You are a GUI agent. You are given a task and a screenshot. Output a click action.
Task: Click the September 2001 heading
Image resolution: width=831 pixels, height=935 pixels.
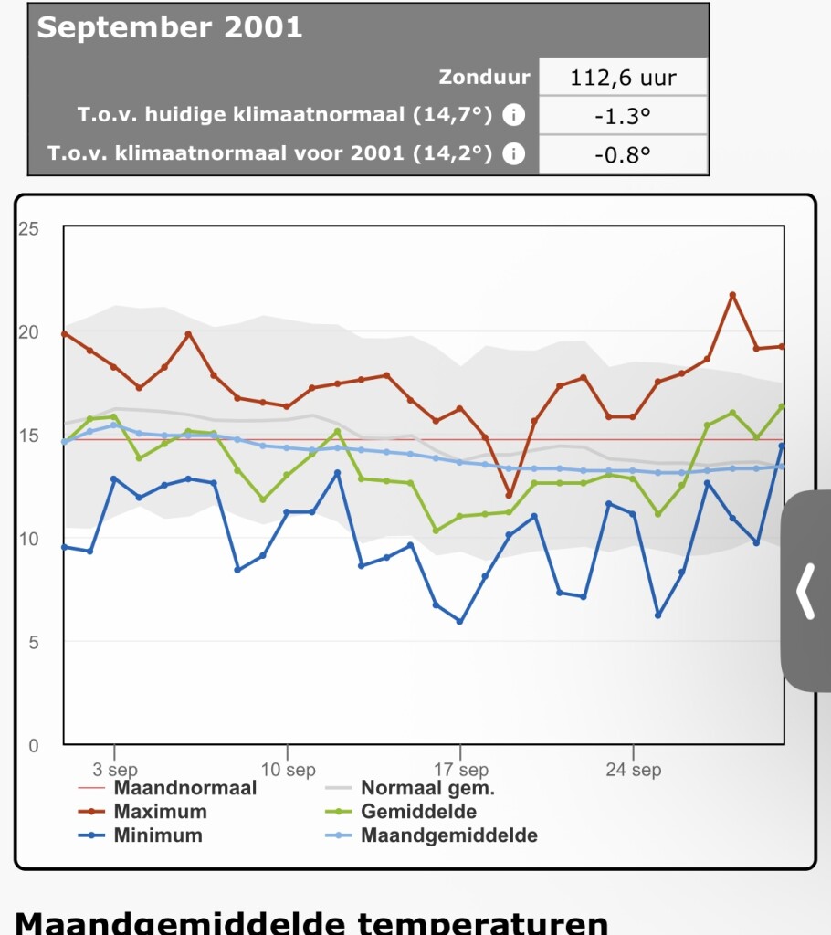click(x=170, y=27)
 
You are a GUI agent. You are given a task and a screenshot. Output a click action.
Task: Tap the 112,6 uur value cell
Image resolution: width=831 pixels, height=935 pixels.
click(x=623, y=78)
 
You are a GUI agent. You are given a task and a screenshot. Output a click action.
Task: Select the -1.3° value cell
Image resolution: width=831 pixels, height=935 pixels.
click(x=623, y=117)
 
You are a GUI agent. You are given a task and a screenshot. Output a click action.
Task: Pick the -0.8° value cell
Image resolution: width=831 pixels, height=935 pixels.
click(x=623, y=154)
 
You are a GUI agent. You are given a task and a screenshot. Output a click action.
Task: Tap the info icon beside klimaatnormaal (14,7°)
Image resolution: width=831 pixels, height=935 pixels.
click(x=515, y=116)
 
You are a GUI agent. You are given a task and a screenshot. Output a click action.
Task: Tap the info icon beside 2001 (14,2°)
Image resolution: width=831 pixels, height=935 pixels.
click(x=515, y=153)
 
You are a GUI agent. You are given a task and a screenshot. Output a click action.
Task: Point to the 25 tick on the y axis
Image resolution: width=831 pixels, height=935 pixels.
click(x=28, y=228)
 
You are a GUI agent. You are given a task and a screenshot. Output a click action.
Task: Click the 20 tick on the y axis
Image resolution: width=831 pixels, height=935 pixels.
click(x=28, y=331)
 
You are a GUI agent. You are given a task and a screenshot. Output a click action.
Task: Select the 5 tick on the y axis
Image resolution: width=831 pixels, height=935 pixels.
click(x=33, y=642)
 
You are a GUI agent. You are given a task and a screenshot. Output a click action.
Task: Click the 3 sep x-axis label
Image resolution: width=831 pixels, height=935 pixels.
click(x=115, y=770)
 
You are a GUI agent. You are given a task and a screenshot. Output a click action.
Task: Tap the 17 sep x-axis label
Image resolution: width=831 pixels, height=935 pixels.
click(x=460, y=770)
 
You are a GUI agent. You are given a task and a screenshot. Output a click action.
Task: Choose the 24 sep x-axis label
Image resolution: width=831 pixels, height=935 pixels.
click(x=634, y=770)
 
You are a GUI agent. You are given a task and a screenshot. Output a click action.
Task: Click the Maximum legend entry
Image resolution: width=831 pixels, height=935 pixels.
click(x=160, y=812)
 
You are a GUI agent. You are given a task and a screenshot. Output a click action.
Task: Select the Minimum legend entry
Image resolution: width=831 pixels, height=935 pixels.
click(x=158, y=835)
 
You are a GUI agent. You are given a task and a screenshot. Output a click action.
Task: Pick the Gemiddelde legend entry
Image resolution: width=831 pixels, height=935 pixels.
click(x=418, y=812)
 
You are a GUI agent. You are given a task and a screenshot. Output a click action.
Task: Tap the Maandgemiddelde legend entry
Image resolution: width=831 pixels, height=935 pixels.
click(x=448, y=835)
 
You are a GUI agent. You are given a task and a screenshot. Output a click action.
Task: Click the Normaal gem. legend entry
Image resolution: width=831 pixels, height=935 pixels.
click(x=426, y=788)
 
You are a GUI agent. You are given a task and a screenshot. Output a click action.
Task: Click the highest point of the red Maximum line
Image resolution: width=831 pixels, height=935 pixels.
click(x=732, y=295)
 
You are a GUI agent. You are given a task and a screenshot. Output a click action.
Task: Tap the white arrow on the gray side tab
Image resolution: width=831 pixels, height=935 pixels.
click(x=805, y=592)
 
